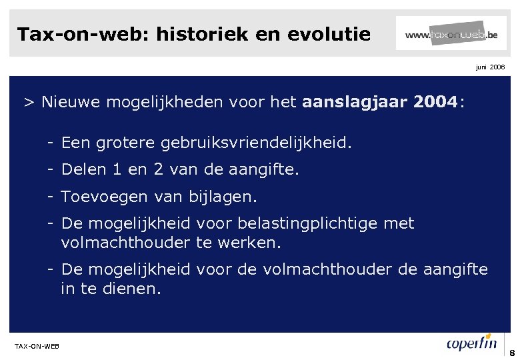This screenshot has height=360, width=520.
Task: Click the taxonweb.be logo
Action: point(451,33)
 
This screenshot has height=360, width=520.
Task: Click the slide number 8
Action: point(511,353)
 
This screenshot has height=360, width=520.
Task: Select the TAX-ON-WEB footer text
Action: point(37,345)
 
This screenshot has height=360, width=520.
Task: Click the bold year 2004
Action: point(434,103)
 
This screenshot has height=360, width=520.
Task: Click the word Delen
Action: point(83,170)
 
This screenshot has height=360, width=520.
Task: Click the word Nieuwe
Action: point(68,103)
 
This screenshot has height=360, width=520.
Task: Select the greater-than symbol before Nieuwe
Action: point(29,103)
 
